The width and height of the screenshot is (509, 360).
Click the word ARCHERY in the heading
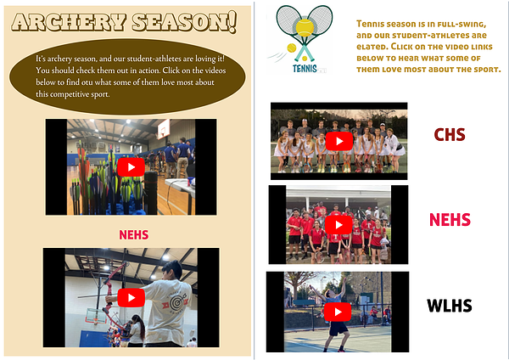[x=69, y=22]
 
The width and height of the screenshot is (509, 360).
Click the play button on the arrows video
[x=131, y=167]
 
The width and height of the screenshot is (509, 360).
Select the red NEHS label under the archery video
[x=134, y=235]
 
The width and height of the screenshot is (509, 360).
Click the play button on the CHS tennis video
[x=339, y=141]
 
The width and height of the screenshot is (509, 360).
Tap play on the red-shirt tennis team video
[x=338, y=224]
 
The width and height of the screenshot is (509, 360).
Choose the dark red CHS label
[x=450, y=134]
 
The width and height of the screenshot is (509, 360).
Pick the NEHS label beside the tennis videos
[x=450, y=220]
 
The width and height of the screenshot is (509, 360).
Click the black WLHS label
[x=450, y=306]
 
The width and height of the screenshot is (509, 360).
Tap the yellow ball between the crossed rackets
[x=305, y=28]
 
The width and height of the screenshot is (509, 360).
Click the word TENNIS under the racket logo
[x=305, y=69]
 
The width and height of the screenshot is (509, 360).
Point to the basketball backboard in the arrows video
[x=163, y=129]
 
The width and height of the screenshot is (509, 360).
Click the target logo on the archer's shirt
[x=176, y=302]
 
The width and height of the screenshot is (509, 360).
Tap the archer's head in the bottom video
[x=172, y=270]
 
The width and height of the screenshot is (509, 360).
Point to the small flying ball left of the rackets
[x=292, y=48]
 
